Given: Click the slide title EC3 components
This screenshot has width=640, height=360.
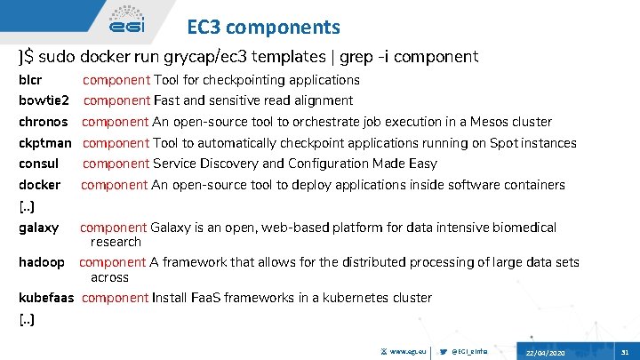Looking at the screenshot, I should (x=264, y=28).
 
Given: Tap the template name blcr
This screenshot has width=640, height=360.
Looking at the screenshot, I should (x=31, y=80).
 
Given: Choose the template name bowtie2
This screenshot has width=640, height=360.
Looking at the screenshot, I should (x=44, y=100).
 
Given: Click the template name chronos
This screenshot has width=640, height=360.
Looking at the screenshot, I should (x=43, y=122).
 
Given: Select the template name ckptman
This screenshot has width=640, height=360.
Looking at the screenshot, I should (x=44, y=143).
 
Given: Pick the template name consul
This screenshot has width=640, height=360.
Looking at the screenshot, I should (x=39, y=164).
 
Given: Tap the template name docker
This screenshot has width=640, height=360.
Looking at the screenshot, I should (x=40, y=185).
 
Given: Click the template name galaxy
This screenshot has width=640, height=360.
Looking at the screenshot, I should (x=39, y=228).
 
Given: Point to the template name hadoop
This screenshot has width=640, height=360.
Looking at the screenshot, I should (x=42, y=262).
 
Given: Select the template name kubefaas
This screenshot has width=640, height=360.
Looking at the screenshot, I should (x=46, y=298).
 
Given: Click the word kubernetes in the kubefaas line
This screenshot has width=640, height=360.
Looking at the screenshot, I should (x=341, y=298).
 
